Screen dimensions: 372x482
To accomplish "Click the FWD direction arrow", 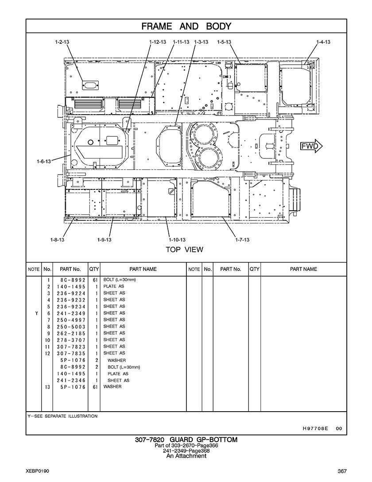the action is tap(311, 146).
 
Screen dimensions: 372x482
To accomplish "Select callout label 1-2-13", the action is tap(62, 42).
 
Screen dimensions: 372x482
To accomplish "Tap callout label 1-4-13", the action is tap(323, 42).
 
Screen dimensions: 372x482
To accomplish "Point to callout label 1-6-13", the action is tap(44, 161).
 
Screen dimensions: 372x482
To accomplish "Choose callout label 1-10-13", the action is tap(177, 240).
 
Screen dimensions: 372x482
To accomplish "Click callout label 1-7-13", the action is tap(242, 240).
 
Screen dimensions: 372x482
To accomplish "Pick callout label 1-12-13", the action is tap(158, 42).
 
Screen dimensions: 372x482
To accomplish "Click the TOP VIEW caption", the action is tap(185, 249).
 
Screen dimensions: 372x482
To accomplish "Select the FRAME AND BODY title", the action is tap(186, 27).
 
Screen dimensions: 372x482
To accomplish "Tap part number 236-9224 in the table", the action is tap(71, 293).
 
